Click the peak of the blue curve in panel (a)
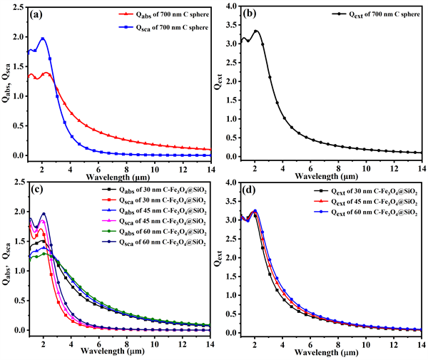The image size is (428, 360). (43, 39)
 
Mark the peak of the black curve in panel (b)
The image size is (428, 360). (256, 31)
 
